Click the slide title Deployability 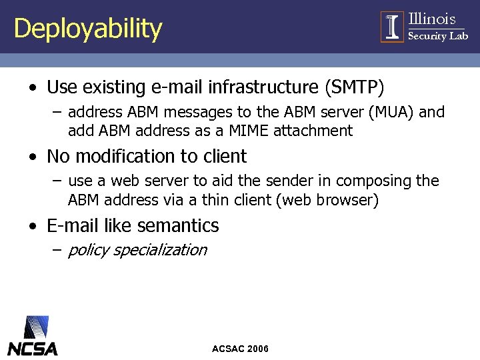coord(87,29)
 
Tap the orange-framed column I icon coord(392,27)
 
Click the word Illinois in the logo coord(431,19)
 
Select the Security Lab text coord(437,36)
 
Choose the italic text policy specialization coord(137,250)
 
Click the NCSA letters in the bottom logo coord(33,348)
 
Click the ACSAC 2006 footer coord(240,349)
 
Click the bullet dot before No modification coord(33,157)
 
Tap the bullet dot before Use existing coord(33,88)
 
